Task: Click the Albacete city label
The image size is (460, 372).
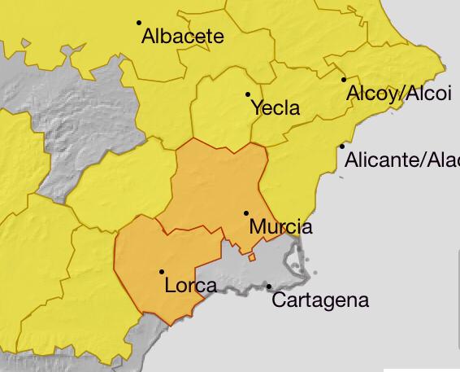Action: [x=182, y=37]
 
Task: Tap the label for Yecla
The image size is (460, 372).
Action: [x=276, y=108]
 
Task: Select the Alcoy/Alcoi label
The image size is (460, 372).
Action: [x=398, y=94]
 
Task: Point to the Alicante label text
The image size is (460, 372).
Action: [x=401, y=160]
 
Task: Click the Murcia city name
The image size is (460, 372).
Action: [x=280, y=227]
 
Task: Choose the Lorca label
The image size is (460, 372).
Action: [x=190, y=286]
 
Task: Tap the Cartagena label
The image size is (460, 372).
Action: [x=320, y=300]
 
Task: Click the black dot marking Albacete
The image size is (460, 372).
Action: [x=139, y=23]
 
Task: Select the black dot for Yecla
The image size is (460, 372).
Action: [x=248, y=94]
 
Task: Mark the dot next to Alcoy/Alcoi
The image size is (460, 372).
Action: [x=344, y=80]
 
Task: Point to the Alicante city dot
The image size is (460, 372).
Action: [x=342, y=147]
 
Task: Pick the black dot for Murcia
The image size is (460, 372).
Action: [x=246, y=213]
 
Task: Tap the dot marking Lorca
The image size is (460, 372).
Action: [x=162, y=272]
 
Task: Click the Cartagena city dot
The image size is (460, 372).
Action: [x=269, y=287]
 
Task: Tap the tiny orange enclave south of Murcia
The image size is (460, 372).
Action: [x=252, y=257]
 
